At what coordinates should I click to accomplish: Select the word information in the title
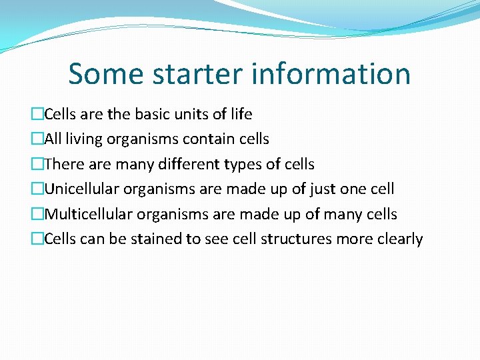coord(331,74)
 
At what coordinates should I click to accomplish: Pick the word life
coord(241,115)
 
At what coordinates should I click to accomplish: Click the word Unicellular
coord(81,189)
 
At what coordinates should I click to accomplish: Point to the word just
coord(323,189)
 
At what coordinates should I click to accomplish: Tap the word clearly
coord(401,239)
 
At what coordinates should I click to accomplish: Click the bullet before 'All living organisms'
coord(37,139)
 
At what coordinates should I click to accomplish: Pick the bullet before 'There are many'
coord(37,164)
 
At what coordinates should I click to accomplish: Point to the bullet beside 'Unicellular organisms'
coord(37,189)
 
